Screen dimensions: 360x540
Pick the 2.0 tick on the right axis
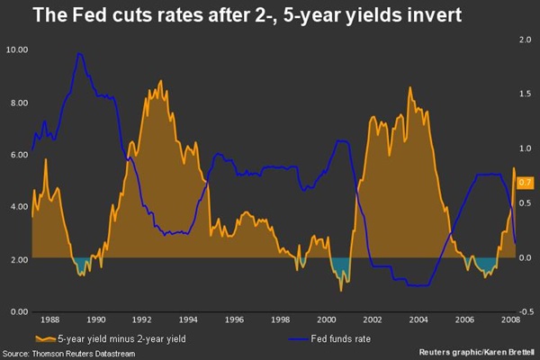point(525,40)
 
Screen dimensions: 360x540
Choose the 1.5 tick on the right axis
point(525,94)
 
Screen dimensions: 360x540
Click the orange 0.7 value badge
point(526,182)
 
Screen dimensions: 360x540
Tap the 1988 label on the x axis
point(50,320)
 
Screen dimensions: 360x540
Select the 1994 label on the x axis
point(188,320)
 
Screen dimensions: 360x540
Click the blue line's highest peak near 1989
point(80,54)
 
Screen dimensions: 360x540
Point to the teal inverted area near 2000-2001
point(340,265)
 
